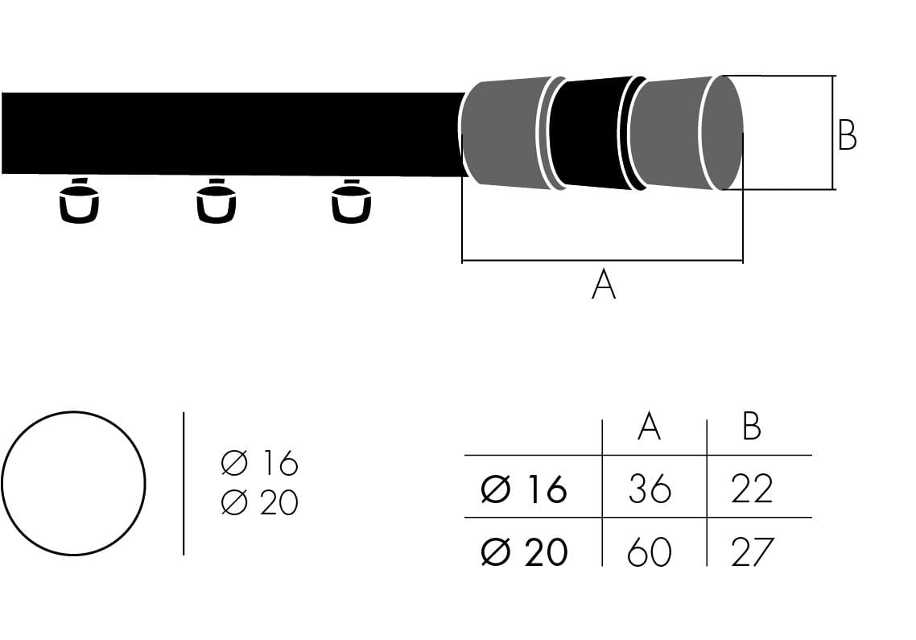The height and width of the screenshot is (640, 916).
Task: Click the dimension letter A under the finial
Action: (604, 286)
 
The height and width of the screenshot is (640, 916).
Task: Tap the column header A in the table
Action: (649, 427)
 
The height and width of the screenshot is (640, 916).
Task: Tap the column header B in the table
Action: (751, 427)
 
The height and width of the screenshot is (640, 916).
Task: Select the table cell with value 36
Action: (650, 489)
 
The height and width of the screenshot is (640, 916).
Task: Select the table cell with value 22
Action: (752, 489)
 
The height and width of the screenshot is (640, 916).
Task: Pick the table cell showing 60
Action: (650, 552)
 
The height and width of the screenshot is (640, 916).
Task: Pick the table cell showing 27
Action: (752, 552)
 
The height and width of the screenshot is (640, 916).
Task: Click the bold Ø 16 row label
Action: (524, 489)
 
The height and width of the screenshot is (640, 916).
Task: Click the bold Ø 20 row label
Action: (524, 552)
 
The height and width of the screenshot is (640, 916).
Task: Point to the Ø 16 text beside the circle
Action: (259, 464)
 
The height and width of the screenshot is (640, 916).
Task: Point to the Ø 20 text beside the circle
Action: (259, 503)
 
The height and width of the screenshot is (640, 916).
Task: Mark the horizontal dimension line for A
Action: (602, 261)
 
